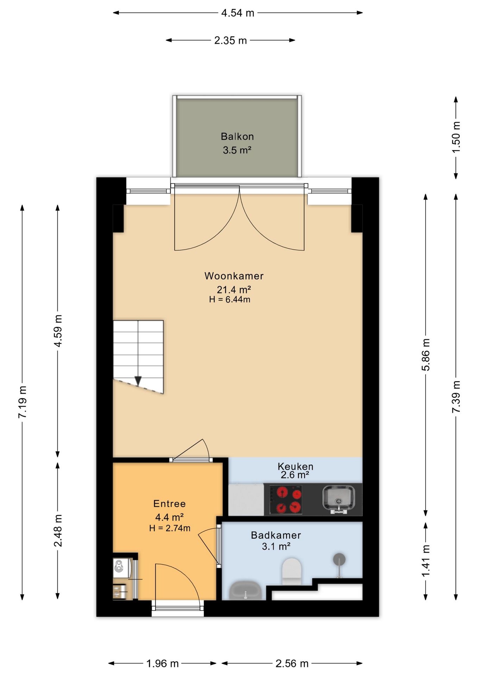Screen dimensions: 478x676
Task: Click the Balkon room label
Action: pos(237,136)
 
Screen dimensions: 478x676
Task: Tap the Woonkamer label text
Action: pos(234,276)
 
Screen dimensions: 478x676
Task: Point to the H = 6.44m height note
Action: pos(229,300)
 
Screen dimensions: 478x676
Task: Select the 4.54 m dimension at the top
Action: pos(238,13)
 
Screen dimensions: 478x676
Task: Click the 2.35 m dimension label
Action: pos(231,40)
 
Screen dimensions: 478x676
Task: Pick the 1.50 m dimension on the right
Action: pos(456,137)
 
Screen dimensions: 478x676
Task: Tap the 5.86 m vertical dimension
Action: pos(426,355)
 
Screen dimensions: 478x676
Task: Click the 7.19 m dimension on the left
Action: pos(23,402)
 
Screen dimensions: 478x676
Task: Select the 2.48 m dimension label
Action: pos(58,531)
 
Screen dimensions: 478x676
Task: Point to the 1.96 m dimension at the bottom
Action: pos(163,664)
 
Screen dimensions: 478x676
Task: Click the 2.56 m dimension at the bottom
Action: pos(292,664)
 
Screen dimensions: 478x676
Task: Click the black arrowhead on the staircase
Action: pos(138,381)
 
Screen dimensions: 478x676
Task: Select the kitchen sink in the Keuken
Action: pos(339,499)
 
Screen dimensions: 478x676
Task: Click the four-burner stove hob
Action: pos(285,500)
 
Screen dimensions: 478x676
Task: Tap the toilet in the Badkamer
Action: pos(292,571)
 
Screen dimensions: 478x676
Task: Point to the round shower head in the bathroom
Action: pos(339,559)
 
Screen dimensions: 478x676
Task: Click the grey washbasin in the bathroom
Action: pos(245,591)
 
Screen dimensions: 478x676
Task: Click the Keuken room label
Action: pos(295,467)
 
